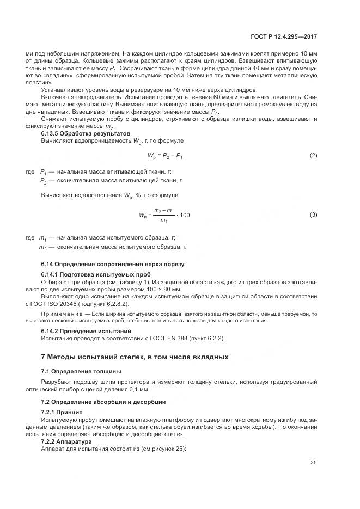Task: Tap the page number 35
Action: (x=313, y=463)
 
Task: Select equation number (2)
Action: (x=313, y=156)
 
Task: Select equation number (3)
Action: (x=313, y=215)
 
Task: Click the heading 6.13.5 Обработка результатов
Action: (x=86, y=133)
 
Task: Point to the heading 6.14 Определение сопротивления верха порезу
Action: (x=113, y=264)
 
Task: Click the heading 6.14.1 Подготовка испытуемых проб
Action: (x=96, y=274)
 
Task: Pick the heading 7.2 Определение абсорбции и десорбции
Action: (x=107, y=402)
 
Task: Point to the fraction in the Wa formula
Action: (x=163, y=215)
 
